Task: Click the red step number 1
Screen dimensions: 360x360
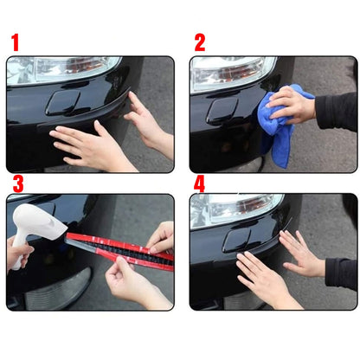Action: pos(14,42)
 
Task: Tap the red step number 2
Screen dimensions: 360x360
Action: pos(200,42)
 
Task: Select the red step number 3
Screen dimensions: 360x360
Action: pos(17,184)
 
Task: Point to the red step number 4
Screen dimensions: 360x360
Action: pos(200,183)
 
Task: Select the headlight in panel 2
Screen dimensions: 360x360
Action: pos(229,73)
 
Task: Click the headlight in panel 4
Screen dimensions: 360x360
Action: pos(234,208)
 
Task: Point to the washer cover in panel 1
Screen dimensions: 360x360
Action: pos(63,103)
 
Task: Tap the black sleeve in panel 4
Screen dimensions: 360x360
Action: pos(341,272)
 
